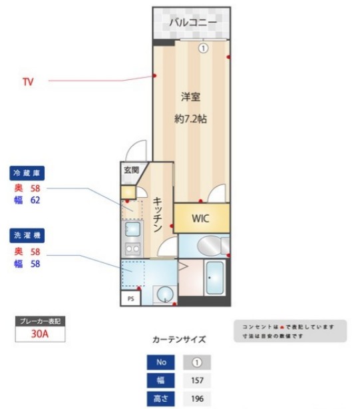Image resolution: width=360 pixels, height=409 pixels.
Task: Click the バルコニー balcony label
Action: point(192,23)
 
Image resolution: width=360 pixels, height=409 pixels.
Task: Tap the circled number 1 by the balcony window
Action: point(204,47)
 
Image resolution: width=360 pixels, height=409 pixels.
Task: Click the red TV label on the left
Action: point(28,83)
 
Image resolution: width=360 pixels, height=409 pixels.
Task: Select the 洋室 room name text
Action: point(190,97)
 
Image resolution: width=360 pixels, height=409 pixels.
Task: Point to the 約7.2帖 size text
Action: point(190,120)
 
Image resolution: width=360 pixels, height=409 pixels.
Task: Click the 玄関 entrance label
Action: point(130,170)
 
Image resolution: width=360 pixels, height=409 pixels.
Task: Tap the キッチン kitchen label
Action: point(158,214)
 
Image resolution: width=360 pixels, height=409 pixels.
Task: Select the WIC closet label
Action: point(201,218)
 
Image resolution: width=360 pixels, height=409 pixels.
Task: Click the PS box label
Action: point(130,299)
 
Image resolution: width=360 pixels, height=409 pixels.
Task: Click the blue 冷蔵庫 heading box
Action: point(27,173)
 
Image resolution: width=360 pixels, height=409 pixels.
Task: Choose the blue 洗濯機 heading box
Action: point(27,235)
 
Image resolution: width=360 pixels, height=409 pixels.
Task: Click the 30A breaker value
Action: point(40,334)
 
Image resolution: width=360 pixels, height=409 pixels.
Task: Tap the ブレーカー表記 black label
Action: point(40,321)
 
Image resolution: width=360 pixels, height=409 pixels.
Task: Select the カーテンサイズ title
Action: point(179,340)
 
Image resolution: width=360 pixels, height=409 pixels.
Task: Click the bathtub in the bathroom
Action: point(215,278)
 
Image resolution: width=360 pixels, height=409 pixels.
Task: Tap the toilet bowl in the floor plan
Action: point(208,246)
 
